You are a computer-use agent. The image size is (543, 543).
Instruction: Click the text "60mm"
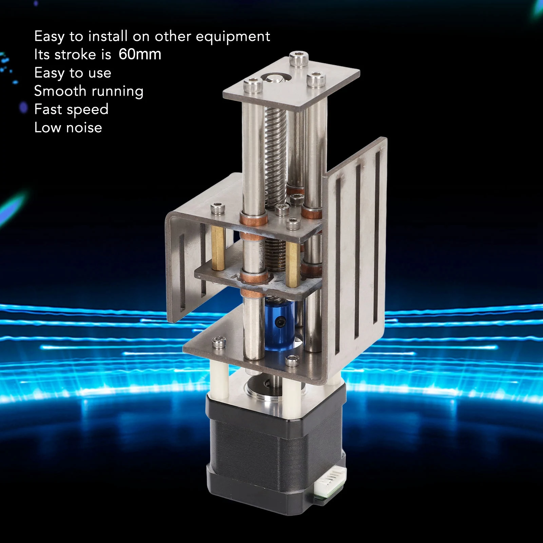[x=140, y=54]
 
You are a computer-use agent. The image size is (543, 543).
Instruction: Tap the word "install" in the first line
[x=108, y=36]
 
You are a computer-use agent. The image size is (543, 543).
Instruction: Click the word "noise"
[x=84, y=128]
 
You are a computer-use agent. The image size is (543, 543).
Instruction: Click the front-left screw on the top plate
[x=253, y=84]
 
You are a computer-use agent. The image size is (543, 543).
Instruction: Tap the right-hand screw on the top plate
[x=316, y=79]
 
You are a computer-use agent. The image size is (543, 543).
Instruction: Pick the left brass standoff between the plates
[x=218, y=248]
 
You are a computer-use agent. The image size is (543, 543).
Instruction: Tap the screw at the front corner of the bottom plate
[x=292, y=361]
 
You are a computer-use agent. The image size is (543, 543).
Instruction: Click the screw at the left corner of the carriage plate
[x=217, y=208]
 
